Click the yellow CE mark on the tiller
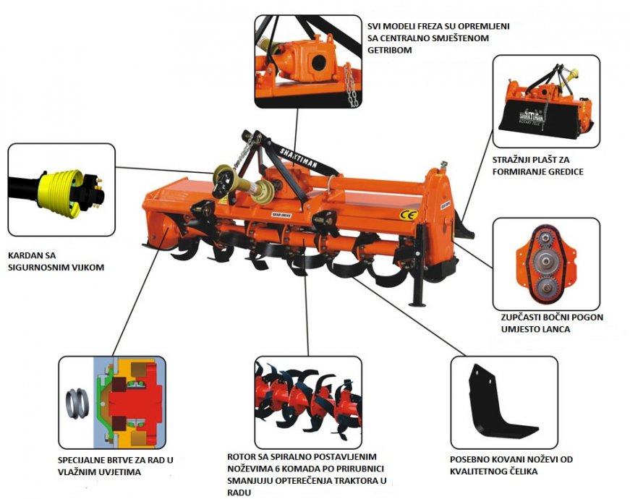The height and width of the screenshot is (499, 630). point(409,215)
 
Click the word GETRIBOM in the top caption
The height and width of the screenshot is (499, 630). point(390,50)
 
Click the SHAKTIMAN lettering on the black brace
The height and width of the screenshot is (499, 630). point(299,158)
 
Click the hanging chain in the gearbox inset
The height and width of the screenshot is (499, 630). point(351,85)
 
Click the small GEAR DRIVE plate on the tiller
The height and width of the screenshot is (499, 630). point(281,215)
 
